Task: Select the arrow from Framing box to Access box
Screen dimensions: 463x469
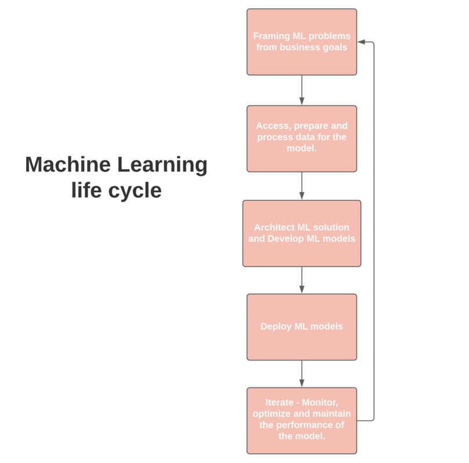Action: click(301, 90)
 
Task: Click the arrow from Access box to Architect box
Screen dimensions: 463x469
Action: click(301, 185)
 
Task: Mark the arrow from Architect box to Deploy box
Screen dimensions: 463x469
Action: click(301, 280)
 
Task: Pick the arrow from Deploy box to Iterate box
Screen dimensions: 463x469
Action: click(301, 373)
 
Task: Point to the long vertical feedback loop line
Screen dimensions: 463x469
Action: click(373, 231)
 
